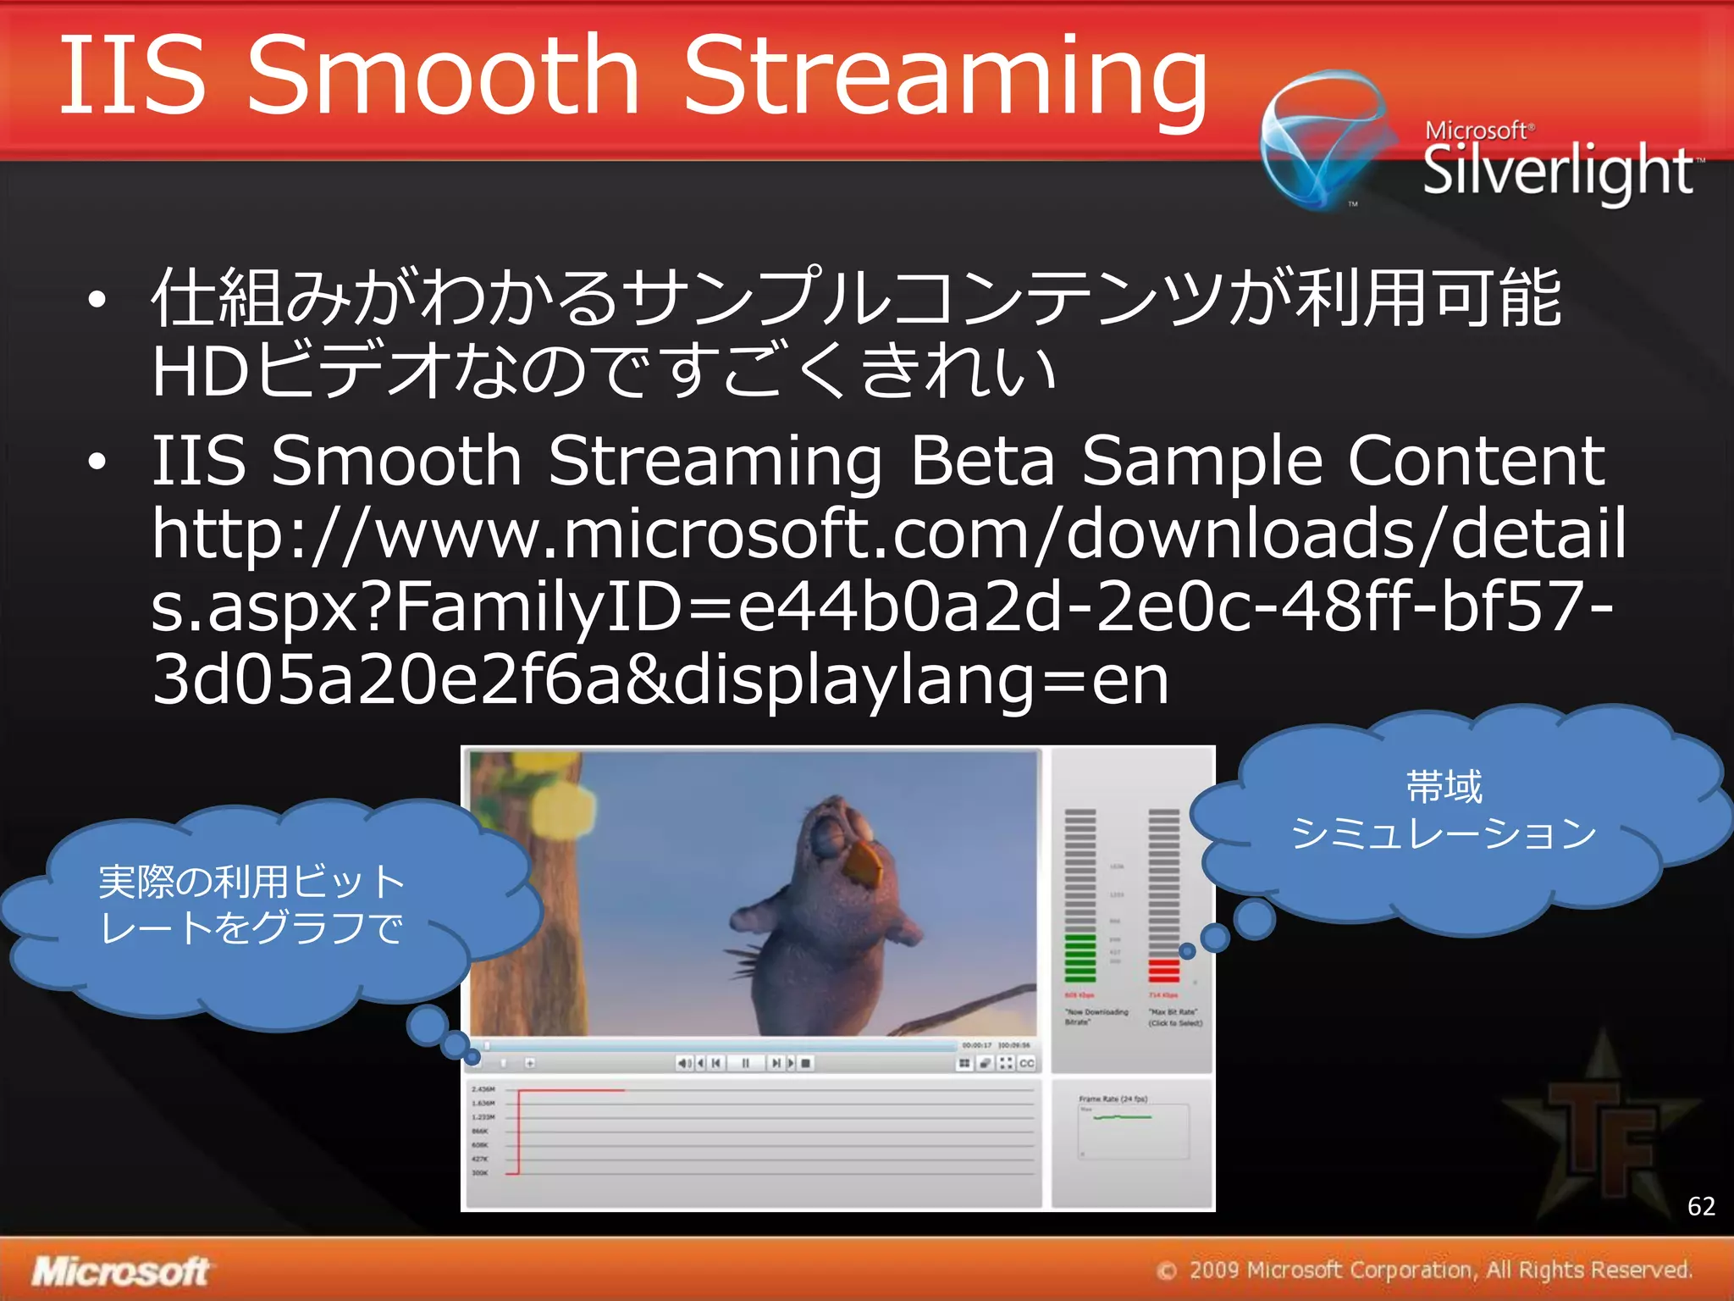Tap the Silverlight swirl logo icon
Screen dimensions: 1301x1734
point(1325,140)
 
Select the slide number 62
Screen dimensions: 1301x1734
point(1701,1206)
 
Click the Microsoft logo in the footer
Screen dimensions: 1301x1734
point(121,1271)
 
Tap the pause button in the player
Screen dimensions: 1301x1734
point(745,1063)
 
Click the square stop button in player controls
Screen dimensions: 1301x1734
point(806,1063)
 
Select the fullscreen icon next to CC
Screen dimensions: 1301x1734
point(1006,1063)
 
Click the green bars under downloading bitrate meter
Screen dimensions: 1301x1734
point(1080,957)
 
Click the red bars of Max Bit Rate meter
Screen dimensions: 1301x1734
point(1163,970)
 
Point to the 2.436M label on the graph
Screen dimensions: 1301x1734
point(483,1089)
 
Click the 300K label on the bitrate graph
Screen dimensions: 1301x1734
point(479,1173)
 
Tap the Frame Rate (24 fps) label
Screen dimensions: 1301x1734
point(1113,1099)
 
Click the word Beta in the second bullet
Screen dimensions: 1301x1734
point(982,462)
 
